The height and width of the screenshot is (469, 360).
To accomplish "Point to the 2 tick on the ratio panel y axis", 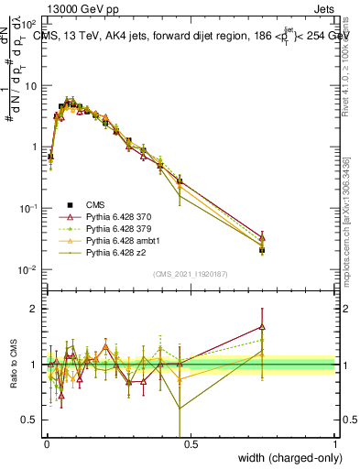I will pos(34,309).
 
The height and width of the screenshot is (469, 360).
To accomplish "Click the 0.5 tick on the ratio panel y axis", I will pos(29,420).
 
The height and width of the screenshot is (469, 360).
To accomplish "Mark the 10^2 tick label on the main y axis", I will pos(29,24).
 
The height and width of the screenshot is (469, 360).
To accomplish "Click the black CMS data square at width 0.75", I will pos(262,249).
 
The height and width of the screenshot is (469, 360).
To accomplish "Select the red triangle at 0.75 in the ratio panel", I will pos(262,326).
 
